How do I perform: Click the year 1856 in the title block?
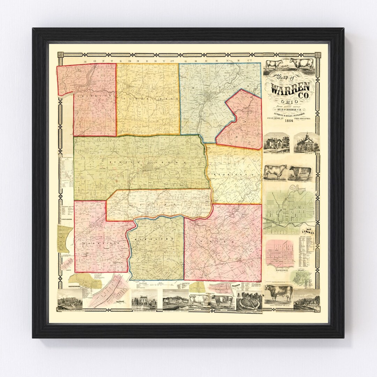click(x=289, y=121)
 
